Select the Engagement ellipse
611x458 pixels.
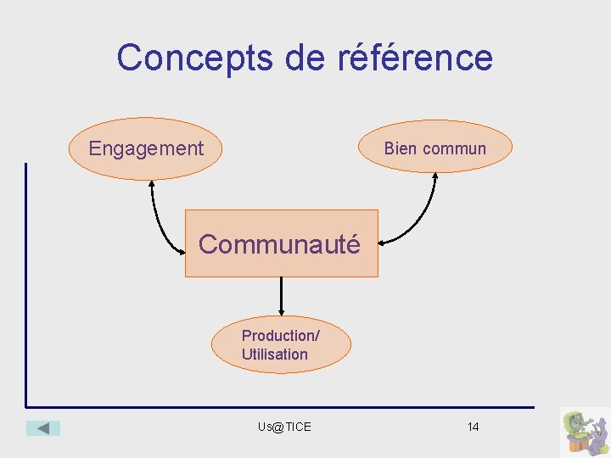tap(145, 149)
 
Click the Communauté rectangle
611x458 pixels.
tap(281, 244)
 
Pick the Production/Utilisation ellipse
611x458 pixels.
tap(281, 345)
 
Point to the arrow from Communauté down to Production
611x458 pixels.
tap(281, 297)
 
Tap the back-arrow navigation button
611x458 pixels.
tap(43, 428)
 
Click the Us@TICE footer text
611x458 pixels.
tap(284, 427)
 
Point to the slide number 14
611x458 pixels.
tap(473, 427)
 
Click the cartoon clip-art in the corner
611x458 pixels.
tap(584, 432)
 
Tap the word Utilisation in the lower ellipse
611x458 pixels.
tap(275, 355)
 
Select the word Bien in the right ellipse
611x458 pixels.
tap(401, 148)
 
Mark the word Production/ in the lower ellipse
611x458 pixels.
tap(280, 336)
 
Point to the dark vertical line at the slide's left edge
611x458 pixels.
tap(26, 280)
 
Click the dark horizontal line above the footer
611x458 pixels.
tap(280, 407)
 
